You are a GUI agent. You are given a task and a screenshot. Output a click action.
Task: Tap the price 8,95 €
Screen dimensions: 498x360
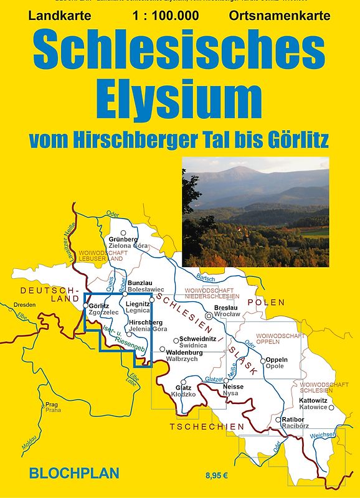(x=218, y=476)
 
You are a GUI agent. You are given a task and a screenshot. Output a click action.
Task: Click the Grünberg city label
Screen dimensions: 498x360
(x=123, y=239)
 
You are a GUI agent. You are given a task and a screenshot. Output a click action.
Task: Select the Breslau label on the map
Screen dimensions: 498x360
(x=225, y=308)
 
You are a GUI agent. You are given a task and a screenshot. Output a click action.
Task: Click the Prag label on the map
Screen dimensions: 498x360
(x=52, y=404)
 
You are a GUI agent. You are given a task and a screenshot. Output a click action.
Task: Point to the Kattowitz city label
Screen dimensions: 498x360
(x=314, y=400)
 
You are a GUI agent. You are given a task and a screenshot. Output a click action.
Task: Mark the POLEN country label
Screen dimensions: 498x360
(x=266, y=303)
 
